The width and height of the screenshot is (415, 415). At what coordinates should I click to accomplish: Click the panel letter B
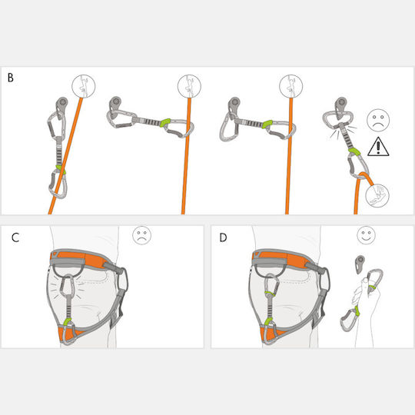11,78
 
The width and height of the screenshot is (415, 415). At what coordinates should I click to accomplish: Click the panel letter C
15,237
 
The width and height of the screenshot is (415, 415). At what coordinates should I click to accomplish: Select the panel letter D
223,237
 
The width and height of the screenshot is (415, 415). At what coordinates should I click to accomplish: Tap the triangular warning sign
378,147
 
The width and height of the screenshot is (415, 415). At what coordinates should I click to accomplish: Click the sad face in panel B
378,120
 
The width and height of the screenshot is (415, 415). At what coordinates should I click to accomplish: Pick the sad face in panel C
141,235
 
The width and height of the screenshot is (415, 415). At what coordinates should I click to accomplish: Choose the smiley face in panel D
366,235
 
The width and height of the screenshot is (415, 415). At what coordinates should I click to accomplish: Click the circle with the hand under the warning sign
377,195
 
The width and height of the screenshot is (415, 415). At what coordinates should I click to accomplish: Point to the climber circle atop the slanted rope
83,86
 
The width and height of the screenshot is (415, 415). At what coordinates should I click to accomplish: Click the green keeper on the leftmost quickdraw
61,169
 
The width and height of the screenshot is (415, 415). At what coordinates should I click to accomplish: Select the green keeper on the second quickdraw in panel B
164,122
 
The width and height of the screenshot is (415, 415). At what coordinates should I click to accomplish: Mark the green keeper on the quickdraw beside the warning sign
354,152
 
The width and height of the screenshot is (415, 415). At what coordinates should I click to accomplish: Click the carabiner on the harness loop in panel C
67,287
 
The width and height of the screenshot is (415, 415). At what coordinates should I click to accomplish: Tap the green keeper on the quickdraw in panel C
67,322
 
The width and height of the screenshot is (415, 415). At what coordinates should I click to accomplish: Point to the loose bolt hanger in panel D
360,264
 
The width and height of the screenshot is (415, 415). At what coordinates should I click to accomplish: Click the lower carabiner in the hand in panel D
350,320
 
